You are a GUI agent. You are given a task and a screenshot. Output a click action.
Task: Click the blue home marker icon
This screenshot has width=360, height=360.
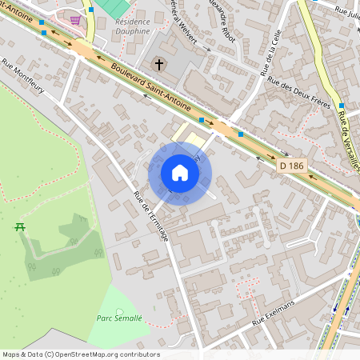point(180,173)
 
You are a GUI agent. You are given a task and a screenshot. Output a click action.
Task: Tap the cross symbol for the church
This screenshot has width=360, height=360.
point(159,63)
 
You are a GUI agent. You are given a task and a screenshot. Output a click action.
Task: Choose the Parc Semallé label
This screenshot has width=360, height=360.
point(120,318)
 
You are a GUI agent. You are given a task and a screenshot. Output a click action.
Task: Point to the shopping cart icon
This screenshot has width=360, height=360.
point(75,20)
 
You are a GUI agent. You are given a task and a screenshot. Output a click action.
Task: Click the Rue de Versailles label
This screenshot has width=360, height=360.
point(349,141)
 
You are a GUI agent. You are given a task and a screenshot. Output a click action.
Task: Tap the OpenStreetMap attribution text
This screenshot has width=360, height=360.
point(81,354)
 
